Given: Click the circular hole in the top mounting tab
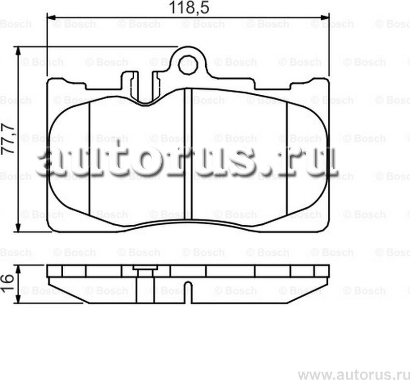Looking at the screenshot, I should click(x=187, y=65).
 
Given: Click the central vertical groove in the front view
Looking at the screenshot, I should click(x=188, y=155).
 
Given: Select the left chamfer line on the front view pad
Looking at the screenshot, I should click(x=90, y=160).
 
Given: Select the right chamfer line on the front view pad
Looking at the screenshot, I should click(x=287, y=160).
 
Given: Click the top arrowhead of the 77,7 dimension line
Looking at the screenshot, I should click(x=18, y=50).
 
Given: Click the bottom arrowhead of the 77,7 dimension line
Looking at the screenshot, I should click(x=18, y=228).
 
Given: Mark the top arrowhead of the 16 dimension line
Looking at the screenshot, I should click(x=18, y=268).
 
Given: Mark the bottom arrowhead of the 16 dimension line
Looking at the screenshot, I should click(x=18, y=300).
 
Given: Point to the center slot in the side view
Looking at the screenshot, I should click(x=188, y=292).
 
